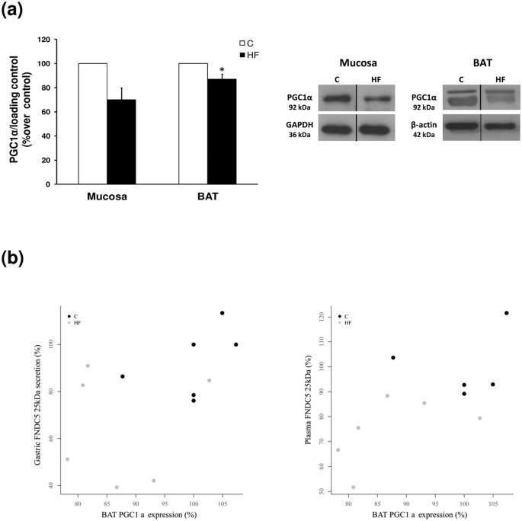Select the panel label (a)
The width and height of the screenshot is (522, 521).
pos(19,14)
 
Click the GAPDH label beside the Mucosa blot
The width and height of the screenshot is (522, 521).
pos(296,126)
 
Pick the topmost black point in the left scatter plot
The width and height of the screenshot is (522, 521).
pos(222,313)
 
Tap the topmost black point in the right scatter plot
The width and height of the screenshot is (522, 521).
pos(506,313)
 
